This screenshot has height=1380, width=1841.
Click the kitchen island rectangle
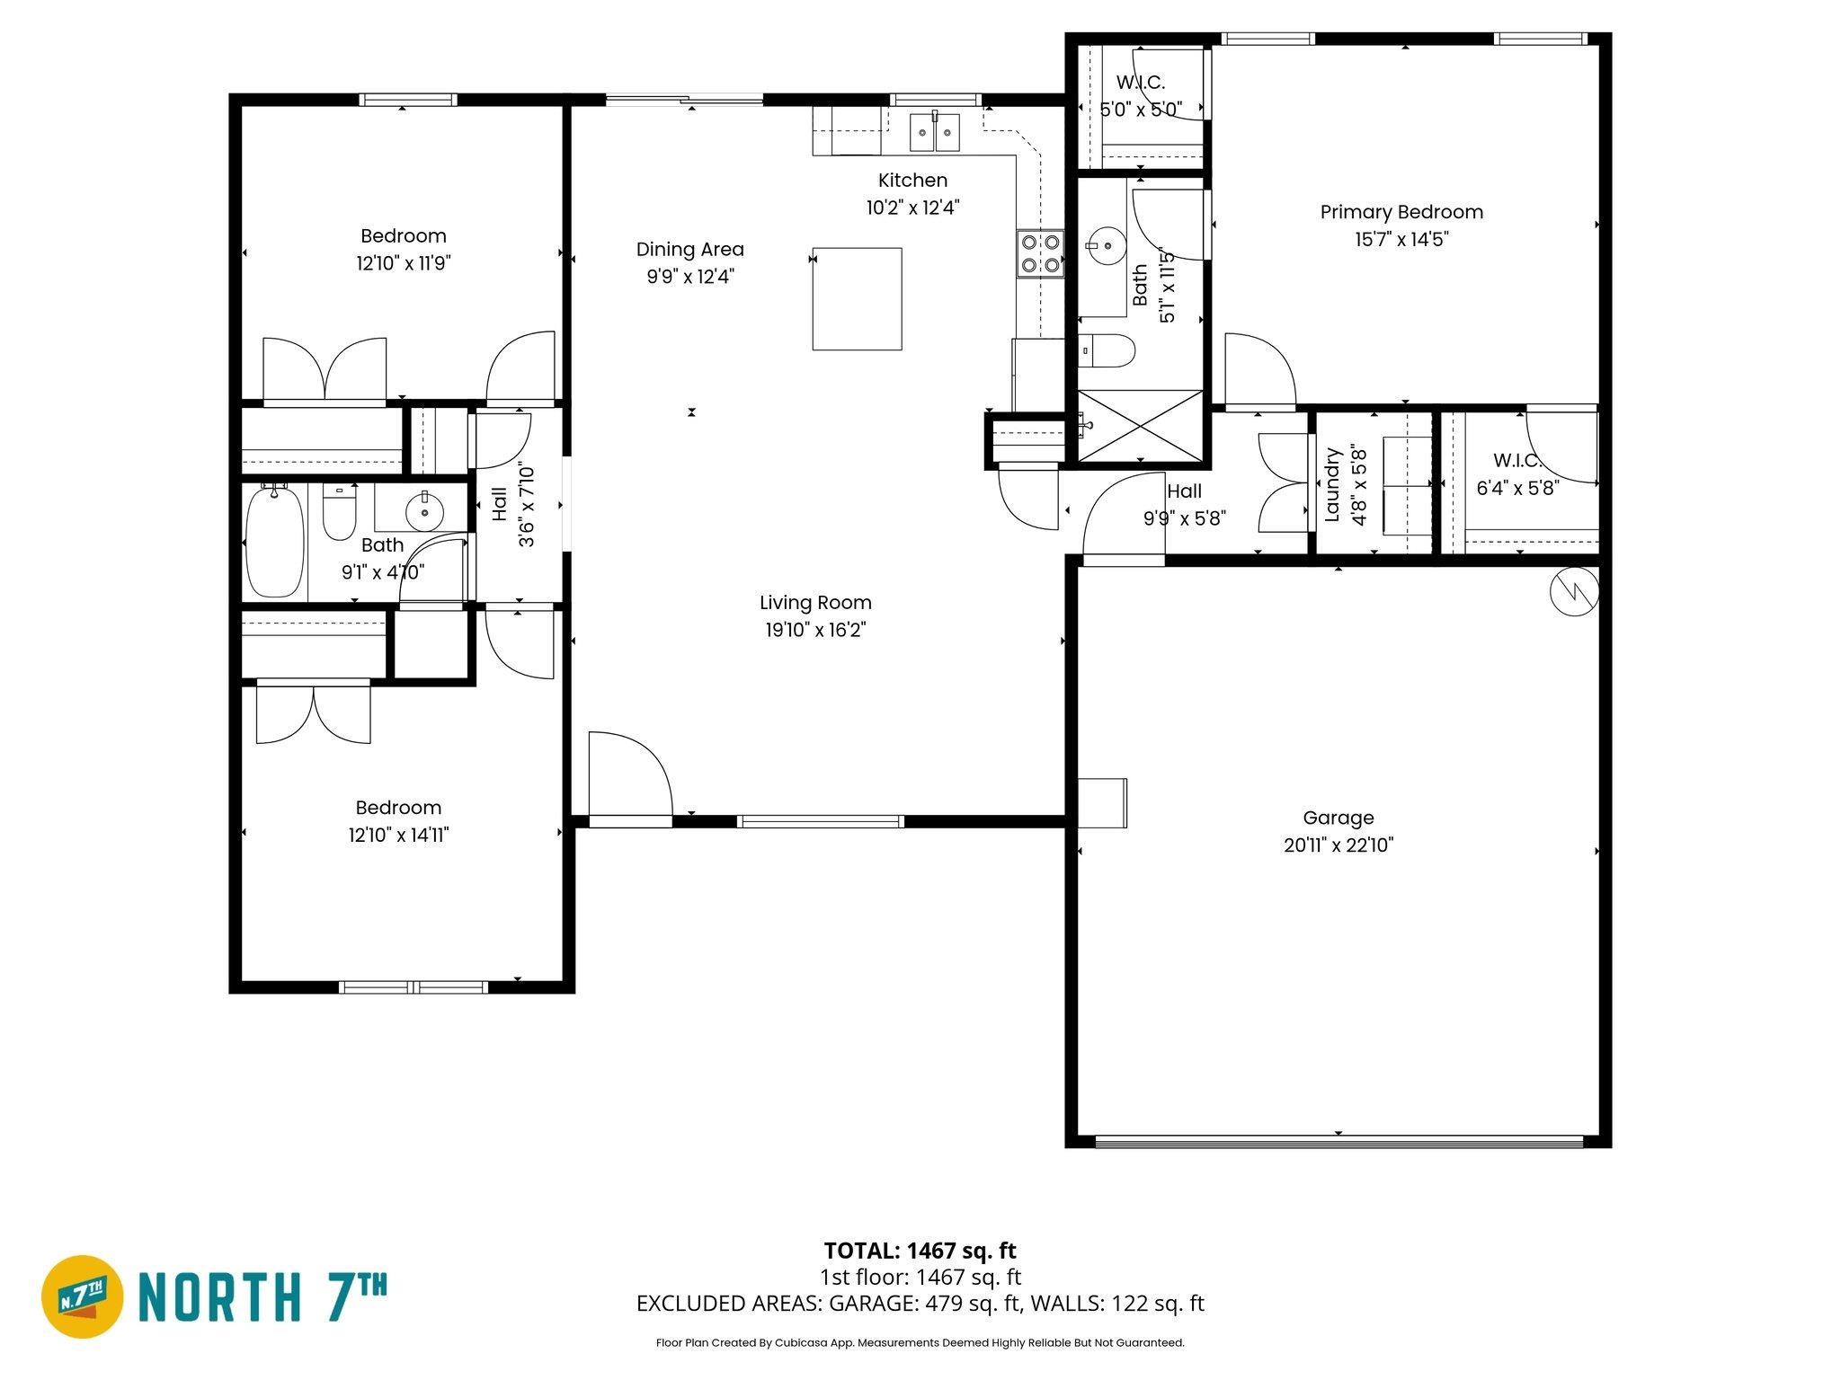(857, 298)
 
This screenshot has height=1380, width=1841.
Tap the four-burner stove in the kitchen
(1040, 253)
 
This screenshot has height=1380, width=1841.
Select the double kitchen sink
(935, 132)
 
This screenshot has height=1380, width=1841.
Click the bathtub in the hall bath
(275, 541)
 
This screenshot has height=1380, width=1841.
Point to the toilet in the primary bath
(1107, 351)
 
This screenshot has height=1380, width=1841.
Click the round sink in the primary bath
(1105, 243)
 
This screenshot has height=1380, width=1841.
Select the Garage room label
(1338, 818)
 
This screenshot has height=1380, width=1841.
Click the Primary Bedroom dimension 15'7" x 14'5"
(1401, 240)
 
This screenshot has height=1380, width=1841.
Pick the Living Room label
(815, 603)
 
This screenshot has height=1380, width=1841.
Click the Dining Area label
(689, 250)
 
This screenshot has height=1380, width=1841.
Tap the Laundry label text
(1333, 486)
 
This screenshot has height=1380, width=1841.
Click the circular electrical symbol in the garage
(1575, 591)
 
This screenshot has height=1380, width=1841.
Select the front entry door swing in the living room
(629, 774)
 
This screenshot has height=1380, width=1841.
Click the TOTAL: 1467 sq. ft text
(920, 1250)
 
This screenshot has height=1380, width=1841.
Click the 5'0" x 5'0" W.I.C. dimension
(1141, 111)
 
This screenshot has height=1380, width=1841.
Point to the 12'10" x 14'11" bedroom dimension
(398, 836)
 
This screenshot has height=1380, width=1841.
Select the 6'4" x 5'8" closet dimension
(1517, 488)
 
